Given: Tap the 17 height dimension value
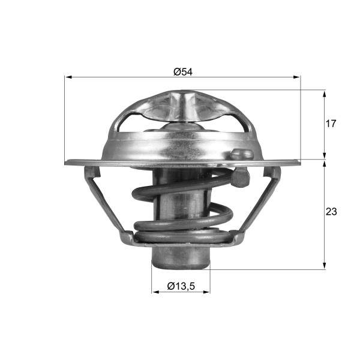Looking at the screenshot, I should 331,124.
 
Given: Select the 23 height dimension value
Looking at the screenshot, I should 331,212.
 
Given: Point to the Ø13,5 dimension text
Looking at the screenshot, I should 181,286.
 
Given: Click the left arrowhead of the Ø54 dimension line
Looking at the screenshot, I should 68,77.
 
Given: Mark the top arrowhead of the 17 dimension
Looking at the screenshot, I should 325,94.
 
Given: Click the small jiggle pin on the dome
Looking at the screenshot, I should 242,154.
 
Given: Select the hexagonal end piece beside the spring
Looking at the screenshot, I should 239,178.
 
